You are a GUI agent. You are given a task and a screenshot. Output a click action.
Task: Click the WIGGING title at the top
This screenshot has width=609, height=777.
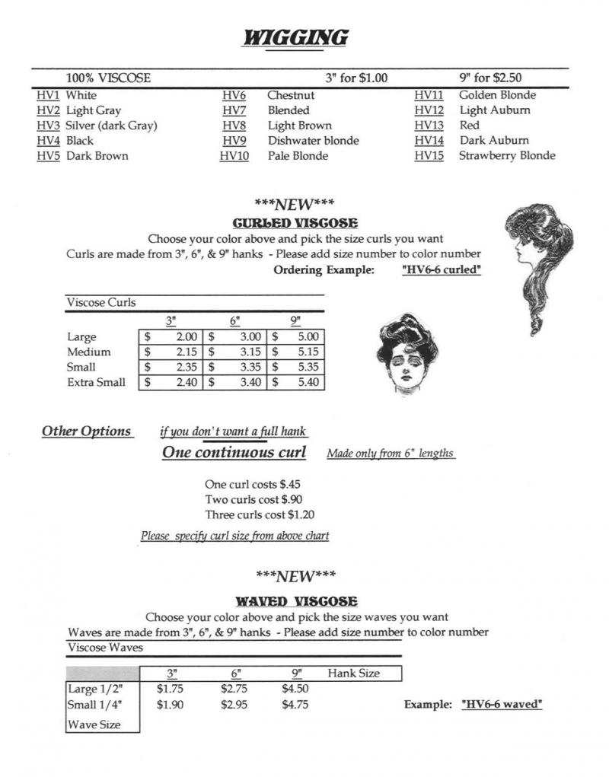point(295,37)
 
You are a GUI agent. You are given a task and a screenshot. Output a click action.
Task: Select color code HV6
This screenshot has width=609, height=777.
point(234,96)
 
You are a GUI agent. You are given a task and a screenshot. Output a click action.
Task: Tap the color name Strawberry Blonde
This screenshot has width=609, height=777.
point(507,156)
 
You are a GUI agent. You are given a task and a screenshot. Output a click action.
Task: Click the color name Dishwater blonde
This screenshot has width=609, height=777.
point(313,141)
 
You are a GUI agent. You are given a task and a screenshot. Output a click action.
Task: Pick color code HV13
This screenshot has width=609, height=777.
point(429,126)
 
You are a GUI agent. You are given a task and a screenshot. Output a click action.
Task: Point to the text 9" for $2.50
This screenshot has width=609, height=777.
point(490,78)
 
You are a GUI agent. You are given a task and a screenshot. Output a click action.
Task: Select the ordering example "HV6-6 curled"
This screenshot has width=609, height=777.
point(441,270)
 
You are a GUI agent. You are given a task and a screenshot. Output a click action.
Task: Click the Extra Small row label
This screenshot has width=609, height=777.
point(96,382)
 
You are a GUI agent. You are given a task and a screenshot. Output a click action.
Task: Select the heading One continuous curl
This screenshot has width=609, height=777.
point(234,453)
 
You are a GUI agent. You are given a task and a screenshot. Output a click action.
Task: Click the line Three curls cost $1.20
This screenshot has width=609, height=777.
point(260,514)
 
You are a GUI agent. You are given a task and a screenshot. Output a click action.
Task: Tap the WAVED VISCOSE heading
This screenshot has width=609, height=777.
point(296,601)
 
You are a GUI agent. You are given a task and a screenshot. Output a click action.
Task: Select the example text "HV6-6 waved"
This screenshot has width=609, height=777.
point(502,705)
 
